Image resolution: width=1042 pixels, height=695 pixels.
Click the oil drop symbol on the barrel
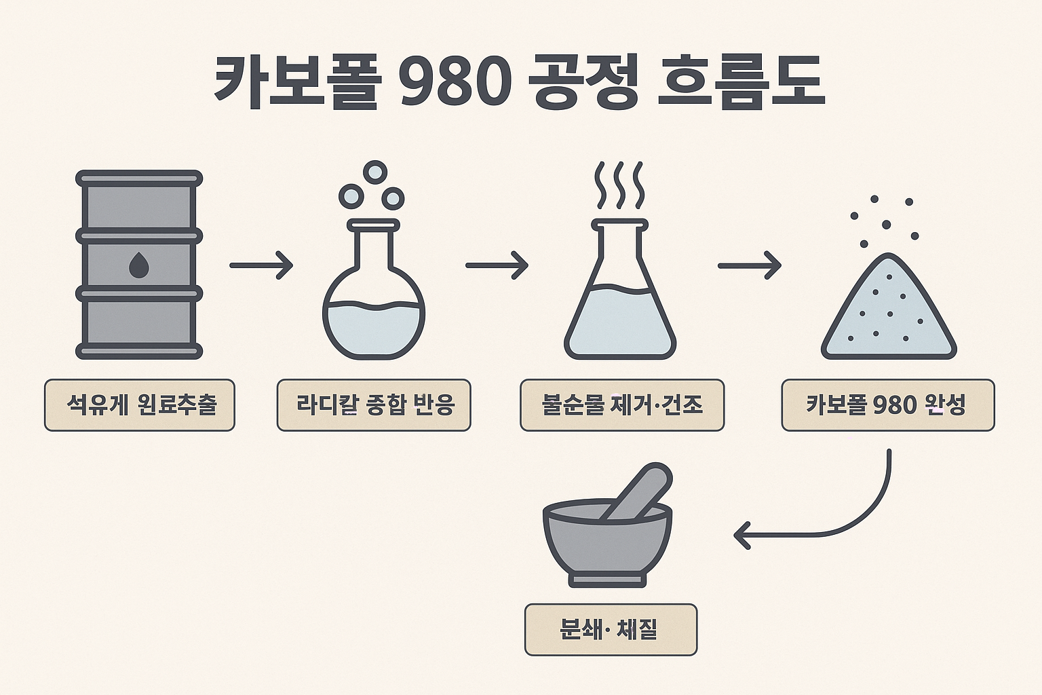pos(138,265)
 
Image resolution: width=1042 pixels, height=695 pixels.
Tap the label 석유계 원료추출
pos(140,405)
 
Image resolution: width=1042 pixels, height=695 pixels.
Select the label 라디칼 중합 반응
pos(374,405)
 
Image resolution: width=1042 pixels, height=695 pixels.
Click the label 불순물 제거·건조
pos(622,405)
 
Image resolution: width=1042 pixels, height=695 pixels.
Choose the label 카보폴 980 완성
pos(887,405)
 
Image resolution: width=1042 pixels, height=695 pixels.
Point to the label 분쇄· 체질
pos(611,630)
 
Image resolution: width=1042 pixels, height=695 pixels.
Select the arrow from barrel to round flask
pos(261,265)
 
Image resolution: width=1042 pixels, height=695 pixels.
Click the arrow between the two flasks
pos(497,265)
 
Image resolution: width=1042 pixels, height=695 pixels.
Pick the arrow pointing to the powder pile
pos(749,265)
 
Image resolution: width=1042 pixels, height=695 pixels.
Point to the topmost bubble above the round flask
pos(374,172)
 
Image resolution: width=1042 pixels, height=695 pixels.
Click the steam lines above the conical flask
pos(619,185)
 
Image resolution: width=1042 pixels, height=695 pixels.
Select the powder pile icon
pos(888,312)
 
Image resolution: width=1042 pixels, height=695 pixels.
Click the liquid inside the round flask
pos(374,329)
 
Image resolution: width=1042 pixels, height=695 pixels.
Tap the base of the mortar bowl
pos(609,580)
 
